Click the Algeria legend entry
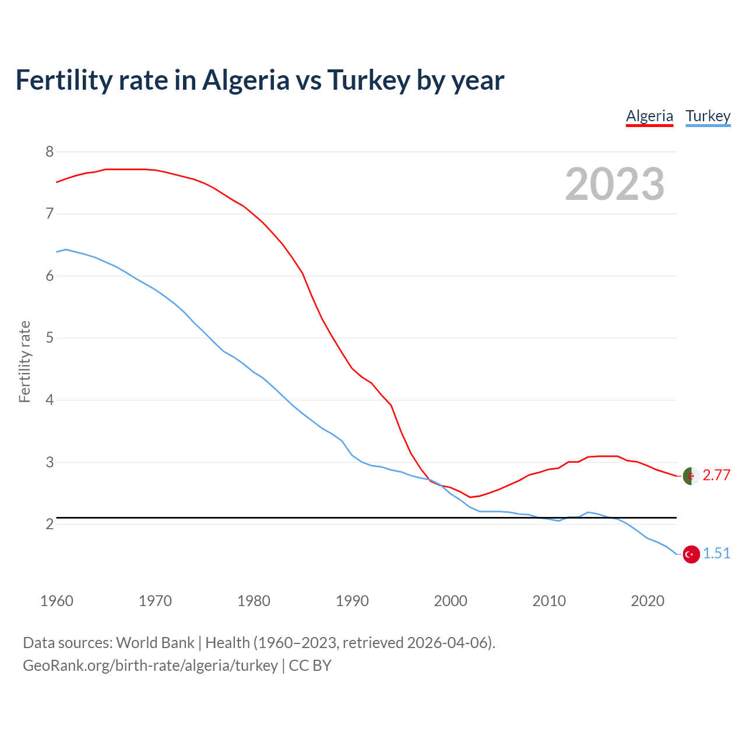[x=649, y=116]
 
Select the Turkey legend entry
[x=708, y=116]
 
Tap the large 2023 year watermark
[x=615, y=184]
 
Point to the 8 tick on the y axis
[x=50, y=152]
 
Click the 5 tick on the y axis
[x=50, y=338]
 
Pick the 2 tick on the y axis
[x=50, y=524]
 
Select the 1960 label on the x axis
[x=57, y=601]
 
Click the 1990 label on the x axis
[x=352, y=601]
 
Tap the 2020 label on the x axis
[x=648, y=601]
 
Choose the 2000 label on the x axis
[x=451, y=601]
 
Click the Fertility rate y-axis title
[x=24, y=361]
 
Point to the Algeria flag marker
[x=691, y=476]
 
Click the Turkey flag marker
[x=691, y=554]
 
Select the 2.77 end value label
[x=716, y=476]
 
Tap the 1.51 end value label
[x=716, y=554]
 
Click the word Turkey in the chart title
[x=368, y=80]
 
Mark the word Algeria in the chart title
[x=245, y=80]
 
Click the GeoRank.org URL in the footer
[x=150, y=666]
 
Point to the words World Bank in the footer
[x=155, y=643]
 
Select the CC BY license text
[x=310, y=666]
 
